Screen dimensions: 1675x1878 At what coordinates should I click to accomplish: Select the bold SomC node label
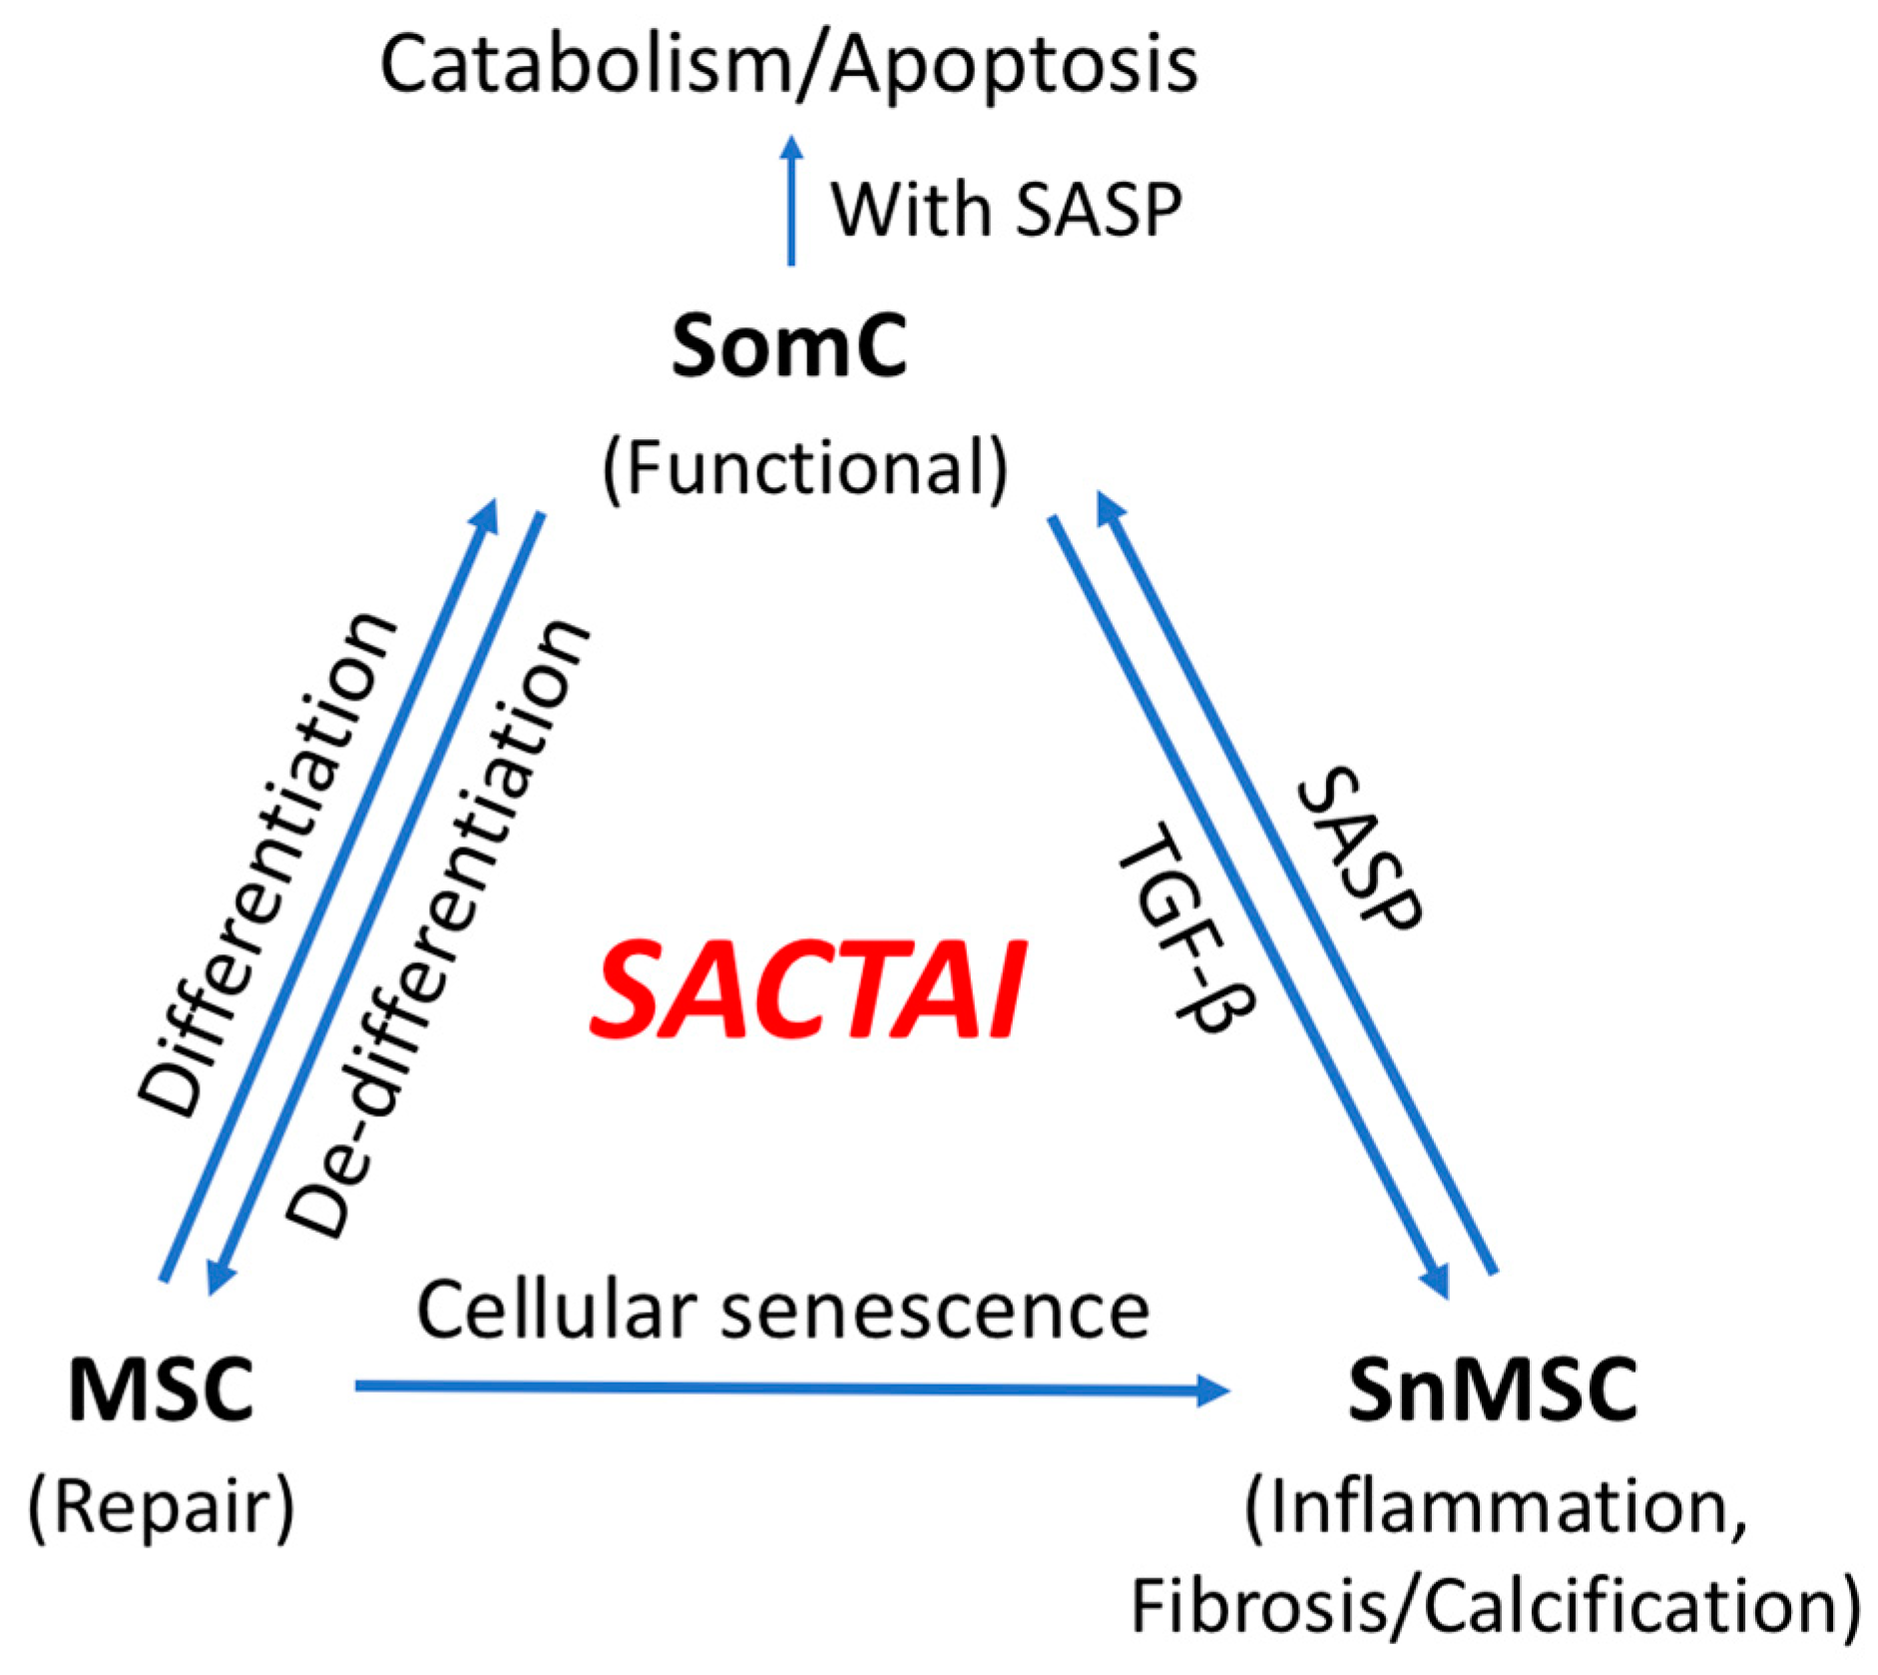pos(788,346)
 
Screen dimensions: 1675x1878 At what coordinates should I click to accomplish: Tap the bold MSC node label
pos(161,1391)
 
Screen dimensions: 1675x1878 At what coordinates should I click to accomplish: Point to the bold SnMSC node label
pos(1493,1391)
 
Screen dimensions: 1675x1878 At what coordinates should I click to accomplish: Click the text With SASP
pos(1006,211)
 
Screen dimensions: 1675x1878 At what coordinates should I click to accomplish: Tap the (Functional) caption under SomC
pos(805,469)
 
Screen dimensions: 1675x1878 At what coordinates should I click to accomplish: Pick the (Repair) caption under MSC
pos(162,1507)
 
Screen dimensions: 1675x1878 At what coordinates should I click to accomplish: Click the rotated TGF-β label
pos(1185,928)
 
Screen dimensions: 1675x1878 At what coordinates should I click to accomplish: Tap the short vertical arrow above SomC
pos(791,200)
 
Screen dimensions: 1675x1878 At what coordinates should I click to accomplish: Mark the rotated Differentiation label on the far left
pos(267,863)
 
